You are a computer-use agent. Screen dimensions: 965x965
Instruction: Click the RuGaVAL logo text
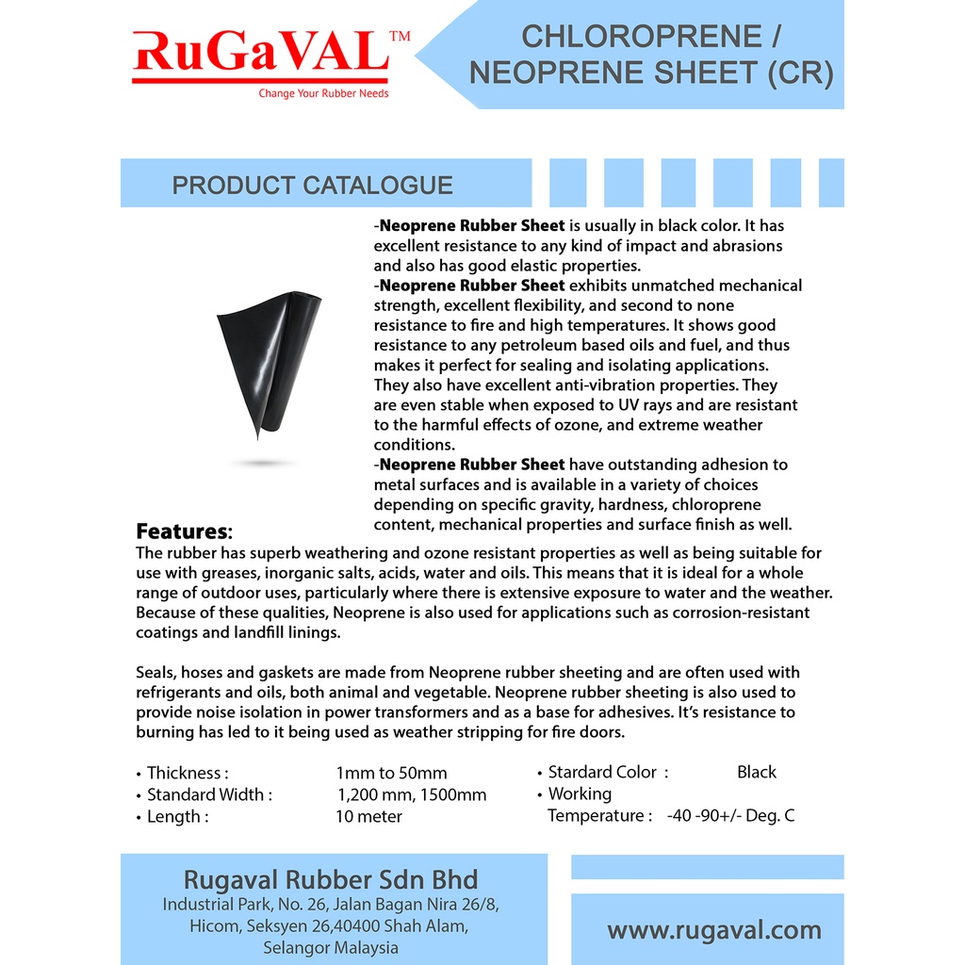coord(260,54)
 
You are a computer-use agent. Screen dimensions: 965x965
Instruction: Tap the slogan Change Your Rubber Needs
coord(323,93)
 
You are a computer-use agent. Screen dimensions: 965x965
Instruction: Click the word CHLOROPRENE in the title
coord(641,37)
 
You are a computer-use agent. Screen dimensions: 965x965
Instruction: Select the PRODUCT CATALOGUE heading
coord(312,186)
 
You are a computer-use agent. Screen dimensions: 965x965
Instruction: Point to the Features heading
coord(183,532)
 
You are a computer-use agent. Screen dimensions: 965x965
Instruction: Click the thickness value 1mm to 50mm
coord(391,774)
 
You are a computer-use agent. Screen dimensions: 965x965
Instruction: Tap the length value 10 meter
coord(368,817)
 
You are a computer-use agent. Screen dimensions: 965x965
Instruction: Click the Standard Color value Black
coord(757,773)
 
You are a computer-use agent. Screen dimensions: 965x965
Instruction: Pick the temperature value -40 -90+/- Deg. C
coord(730,816)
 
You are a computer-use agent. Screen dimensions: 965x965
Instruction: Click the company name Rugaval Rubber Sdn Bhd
coord(331,880)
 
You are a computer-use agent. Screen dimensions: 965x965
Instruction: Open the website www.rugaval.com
coord(714,931)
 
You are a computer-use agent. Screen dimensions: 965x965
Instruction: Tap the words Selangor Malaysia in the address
coord(331,948)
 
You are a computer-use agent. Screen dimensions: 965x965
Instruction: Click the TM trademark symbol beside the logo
coord(400,37)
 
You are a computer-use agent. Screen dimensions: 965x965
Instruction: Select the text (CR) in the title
coord(801,73)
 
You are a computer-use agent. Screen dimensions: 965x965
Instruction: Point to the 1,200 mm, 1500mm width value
coord(412,795)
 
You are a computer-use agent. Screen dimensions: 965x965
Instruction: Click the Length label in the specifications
coord(176,817)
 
